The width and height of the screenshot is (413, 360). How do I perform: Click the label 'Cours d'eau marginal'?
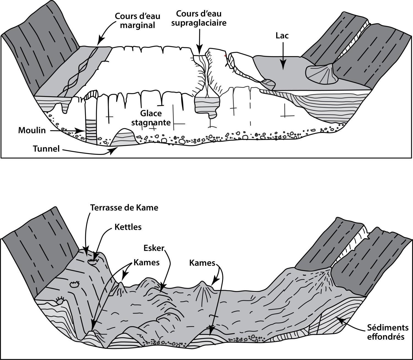click(x=137, y=21)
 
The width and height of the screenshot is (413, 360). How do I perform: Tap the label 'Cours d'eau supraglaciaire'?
click(x=199, y=18)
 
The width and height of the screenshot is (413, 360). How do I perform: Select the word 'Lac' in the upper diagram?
click(x=282, y=36)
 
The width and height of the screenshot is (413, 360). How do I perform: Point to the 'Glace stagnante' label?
click(x=151, y=118)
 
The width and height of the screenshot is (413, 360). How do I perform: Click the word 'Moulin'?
click(x=32, y=130)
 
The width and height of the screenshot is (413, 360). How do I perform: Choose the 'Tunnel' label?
click(x=46, y=149)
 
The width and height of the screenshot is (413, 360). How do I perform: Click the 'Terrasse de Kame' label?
click(x=124, y=208)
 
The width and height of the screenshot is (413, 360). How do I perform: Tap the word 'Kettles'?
click(x=128, y=227)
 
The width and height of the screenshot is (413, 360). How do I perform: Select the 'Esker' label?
click(x=154, y=248)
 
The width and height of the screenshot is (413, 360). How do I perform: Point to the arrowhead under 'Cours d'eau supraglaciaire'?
click(x=200, y=51)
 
